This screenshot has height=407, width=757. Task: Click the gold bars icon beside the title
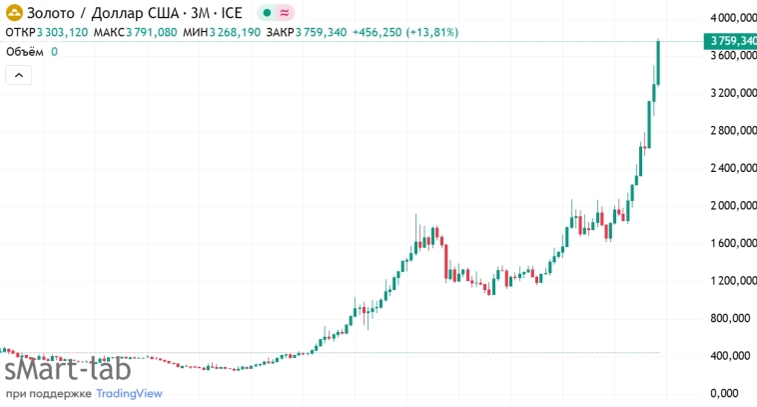click(x=14, y=13)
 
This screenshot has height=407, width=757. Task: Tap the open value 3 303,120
click(x=62, y=32)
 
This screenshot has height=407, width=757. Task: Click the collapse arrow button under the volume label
click(x=19, y=75)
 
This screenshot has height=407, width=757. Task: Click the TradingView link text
click(x=129, y=393)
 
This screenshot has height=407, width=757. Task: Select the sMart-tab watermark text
click(x=67, y=370)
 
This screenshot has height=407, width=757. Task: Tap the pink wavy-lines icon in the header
click(x=285, y=13)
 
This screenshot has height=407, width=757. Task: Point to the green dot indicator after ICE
click(x=266, y=13)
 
